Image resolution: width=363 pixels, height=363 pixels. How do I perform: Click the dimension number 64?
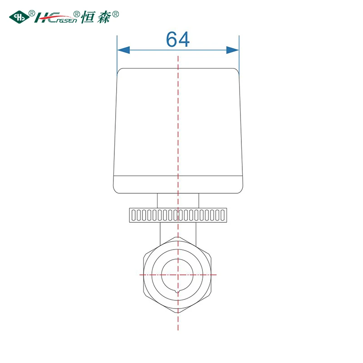(x=178, y=39)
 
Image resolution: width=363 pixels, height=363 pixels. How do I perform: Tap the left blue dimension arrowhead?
(x=123, y=50)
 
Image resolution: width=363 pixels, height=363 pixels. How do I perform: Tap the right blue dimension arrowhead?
(x=232, y=50)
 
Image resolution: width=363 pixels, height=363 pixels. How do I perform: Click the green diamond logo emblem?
(x=19, y=17)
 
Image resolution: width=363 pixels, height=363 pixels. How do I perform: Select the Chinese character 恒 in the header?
(x=88, y=17)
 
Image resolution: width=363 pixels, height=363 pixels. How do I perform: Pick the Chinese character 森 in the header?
(x=104, y=17)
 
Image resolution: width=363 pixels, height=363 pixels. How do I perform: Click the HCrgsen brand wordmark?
(x=55, y=18)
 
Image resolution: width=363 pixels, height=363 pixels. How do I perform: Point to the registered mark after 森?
(x=116, y=15)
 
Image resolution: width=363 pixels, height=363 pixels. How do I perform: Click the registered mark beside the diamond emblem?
(x=32, y=13)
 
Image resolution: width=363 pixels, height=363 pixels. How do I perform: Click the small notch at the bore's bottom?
(x=177, y=291)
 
